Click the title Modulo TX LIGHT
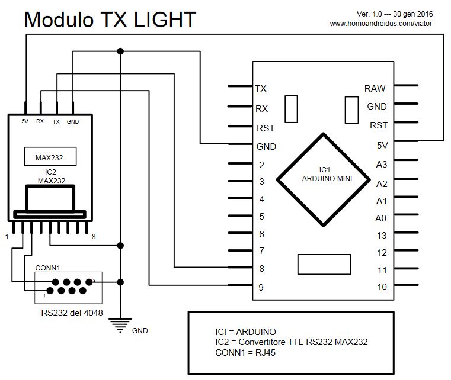tap(110, 20)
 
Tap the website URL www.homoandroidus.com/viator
tap(380, 24)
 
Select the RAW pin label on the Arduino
tap(375, 89)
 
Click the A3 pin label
tap(381, 164)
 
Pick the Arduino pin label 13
tap(381, 235)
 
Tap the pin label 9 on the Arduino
tap(261, 288)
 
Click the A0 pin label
tap(381, 218)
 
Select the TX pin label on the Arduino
tap(261, 89)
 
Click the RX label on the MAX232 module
tap(40, 121)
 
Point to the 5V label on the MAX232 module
tap(25, 121)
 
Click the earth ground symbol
tap(120, 324)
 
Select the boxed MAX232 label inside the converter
tap(49, 158)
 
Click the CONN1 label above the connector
tap(47, 268)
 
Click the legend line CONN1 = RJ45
tap(245, 353)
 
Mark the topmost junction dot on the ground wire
tap(120, 50)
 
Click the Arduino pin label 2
tap(261, 165)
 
